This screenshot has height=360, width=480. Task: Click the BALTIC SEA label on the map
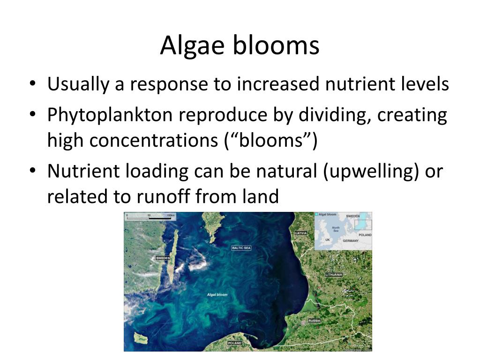[241, 247]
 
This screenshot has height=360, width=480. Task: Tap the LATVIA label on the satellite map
[301, 233]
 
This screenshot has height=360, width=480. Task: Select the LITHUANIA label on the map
[334, 274]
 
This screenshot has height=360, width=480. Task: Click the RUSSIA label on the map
[314, 321]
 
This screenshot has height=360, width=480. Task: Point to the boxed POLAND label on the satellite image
[234, 343]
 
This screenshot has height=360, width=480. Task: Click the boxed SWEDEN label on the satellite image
[163, 258]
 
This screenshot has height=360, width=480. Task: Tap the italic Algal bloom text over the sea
[217, 295]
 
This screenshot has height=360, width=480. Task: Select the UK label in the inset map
[328, 240]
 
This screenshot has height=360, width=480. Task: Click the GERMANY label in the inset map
[350, 240]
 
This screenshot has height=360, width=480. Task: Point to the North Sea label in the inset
[336, 229]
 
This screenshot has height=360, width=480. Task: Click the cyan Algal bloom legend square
[317, 215]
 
